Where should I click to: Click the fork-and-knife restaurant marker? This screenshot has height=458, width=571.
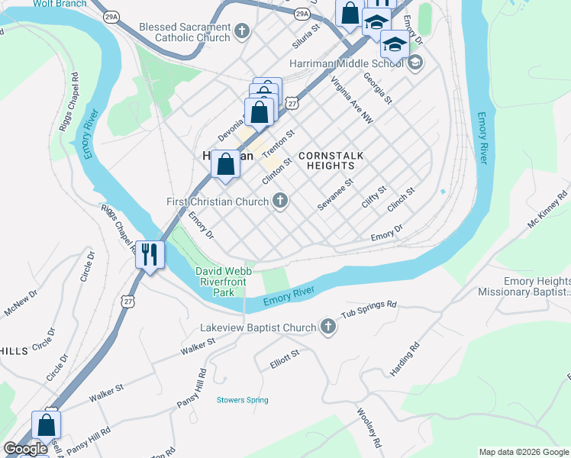click(x=150, y=253)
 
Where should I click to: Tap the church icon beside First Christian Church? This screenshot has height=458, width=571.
click(x=280, y=202)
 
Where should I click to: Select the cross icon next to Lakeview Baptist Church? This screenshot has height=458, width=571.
click(x=328, y=327)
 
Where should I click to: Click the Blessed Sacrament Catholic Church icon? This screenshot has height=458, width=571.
click(x=242, y=31)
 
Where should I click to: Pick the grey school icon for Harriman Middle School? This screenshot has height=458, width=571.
click(x=415, y=63)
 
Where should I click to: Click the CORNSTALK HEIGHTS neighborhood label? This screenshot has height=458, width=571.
click(x=331, y=160)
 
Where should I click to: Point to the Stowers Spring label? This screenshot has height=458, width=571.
click(x=242, y=400)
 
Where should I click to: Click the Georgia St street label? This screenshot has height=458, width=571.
click(x=378, y=89)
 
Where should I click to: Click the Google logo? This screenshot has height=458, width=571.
click(x=25, y=449)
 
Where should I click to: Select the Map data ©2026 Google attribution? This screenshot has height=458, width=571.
click(x=524, y=452)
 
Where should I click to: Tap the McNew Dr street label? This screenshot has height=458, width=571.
click(x=21, y=304)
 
